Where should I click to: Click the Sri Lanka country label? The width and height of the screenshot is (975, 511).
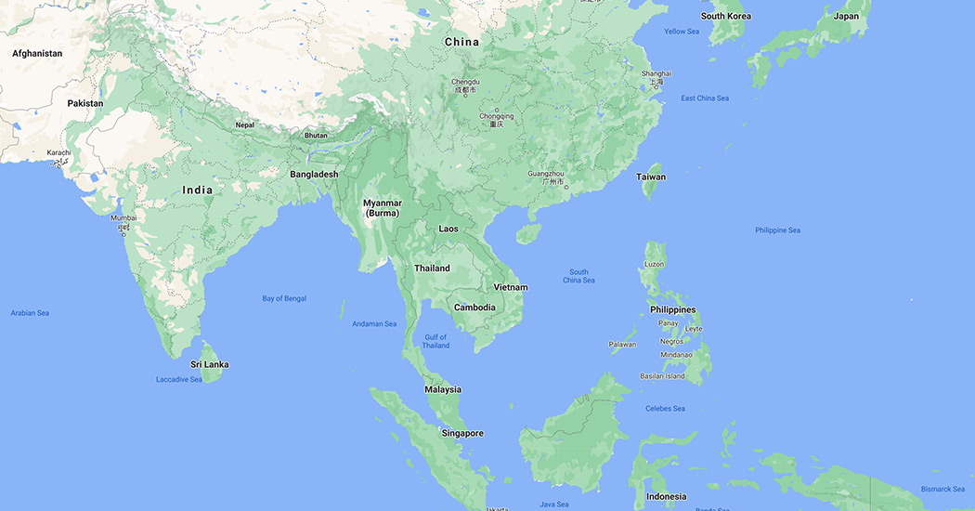209,364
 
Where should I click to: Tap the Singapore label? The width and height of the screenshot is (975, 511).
462,433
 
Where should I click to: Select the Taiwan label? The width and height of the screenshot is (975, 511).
651,177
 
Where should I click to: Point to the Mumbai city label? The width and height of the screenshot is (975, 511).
123,218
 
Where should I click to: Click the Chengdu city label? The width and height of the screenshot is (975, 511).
465,82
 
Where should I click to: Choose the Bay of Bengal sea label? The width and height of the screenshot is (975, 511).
284,298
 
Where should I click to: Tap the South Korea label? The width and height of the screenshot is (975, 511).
726,16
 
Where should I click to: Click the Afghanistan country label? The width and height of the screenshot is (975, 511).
37,53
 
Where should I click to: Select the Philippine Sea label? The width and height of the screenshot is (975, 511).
777,230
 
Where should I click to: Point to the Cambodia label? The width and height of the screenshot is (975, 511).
474,308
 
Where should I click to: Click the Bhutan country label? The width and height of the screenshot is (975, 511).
316,136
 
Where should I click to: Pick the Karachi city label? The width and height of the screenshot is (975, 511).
58,152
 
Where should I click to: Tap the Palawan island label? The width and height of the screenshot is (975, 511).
622,345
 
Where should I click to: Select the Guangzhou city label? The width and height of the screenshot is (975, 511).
545,174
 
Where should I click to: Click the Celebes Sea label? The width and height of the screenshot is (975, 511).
666,409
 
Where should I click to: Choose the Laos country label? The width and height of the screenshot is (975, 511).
448,229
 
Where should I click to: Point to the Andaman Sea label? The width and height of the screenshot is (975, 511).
374,324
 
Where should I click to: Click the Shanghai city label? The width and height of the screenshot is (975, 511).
656,73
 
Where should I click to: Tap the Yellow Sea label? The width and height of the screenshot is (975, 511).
682,32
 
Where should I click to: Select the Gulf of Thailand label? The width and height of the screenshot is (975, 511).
435,341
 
